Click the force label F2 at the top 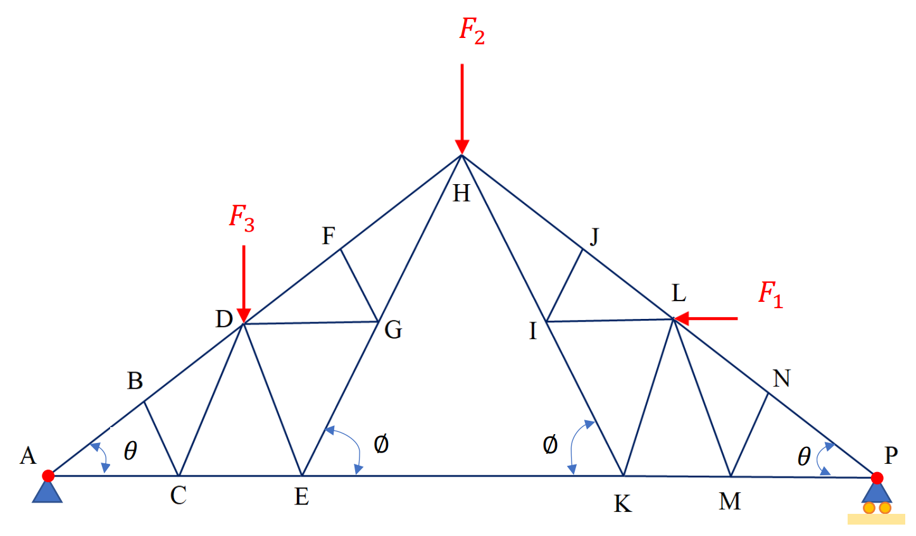point(472,30)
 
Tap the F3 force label point(241,218)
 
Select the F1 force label point(770,294)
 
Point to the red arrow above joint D point(244,284)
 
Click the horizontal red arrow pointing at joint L point(706,318)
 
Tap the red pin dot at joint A point(48,476)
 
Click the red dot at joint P point(877,478)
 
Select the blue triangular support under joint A point(47,492)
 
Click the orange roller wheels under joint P point(877,508)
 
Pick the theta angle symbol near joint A point(130,451)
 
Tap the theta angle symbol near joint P point(804,456)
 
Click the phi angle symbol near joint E point(381,445)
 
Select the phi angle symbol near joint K point(550,445)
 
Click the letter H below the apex point(461,194)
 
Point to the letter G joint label point(393,330)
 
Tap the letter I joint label point(533,331)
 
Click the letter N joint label point(782,378)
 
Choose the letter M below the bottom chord point(730,502)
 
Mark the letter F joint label point(329,237)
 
